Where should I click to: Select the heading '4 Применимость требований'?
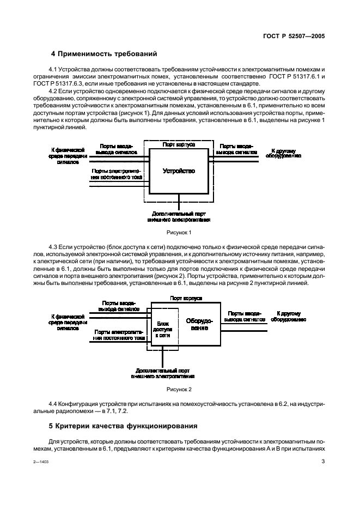[x=103, y=54]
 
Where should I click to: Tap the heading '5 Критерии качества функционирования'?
[x=123, y=425]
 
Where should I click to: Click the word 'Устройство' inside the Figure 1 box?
[x=179, y=171]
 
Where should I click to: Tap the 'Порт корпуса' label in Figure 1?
[x=179, y=145]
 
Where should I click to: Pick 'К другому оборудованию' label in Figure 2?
[x=289, y=317]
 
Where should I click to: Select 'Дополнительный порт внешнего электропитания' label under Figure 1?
[x=179, y=217]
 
